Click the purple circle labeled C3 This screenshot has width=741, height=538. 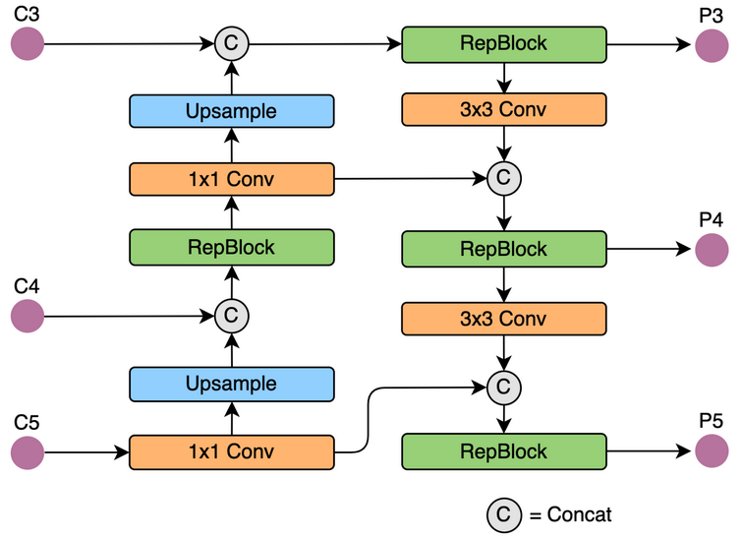pyautogui.click(x=28, y=43)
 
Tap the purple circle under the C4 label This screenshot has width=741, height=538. pyautogui.click(x=28, y=316)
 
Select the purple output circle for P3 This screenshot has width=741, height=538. pyautogui.click(x=711, y=45)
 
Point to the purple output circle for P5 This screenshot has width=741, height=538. pyautogui.click(x=711, y=451)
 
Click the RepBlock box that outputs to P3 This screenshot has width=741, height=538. pyautogui.click(x=503, y=44)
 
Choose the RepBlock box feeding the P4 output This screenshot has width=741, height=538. pyautogui.click(x=503, y=249)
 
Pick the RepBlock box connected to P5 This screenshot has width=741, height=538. pyautogui.click(x=503, y=451)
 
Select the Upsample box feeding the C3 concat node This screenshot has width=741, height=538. pyautogui.click(x=231, y=111)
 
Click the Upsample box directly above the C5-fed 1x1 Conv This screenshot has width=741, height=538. pyautogui.click(x=231, y=384)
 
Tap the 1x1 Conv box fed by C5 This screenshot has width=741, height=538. pyautogui.click(x=231, y=452)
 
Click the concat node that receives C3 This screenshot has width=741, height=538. pyautogui.click(x=232, y=43)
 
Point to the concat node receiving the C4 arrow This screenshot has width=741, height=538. pyautogui.click(x=232, y=316)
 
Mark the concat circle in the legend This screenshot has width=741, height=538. pyautogui.click(x=503, y=513)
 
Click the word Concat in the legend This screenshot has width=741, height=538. pyautogui.click(x=580, y=513)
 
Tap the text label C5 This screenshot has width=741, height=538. pyautogui.click(x=27, y=423)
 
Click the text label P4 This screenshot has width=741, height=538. pyautogui.click(x=711, y=219)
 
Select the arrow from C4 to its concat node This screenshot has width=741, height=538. pyautogui.click(x=128, y=316)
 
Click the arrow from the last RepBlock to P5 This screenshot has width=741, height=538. pyautogui.click(x=649, y=451)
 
